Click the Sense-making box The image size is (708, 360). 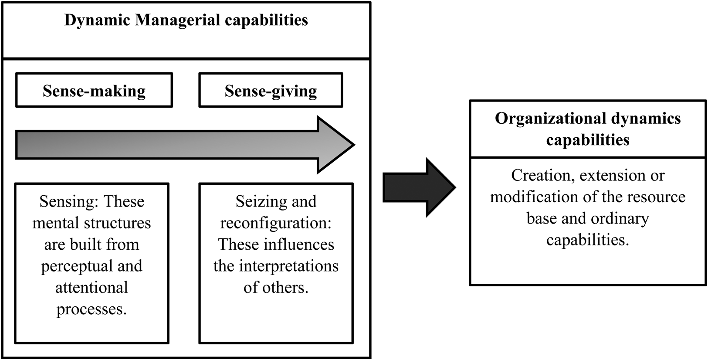tap(94, 90)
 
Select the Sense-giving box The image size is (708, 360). tap(271, 90)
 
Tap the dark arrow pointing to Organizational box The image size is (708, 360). tap(418, 187)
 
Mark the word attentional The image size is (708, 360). tap(92, 288)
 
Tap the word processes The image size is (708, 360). tap(91, 309)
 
